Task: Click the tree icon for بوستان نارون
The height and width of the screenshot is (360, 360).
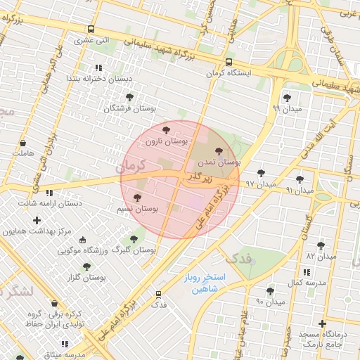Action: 166,130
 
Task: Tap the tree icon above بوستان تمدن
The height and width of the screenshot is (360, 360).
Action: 219,150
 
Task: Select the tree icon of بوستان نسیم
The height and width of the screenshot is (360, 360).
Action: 137,198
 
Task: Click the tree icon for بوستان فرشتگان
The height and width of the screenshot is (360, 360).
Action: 129,97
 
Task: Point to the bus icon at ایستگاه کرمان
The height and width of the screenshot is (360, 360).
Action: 229,61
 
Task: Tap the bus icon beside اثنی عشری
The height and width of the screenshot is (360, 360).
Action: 91,29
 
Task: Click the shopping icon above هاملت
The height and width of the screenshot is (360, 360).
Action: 23,141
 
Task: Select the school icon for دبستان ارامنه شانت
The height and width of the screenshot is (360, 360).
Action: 49,192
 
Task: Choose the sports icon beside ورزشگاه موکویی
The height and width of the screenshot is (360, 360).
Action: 83,240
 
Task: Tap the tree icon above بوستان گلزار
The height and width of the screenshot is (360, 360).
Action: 86,266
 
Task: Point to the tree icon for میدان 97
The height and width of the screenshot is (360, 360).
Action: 261,172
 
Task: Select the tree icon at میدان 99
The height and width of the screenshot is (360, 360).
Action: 286,98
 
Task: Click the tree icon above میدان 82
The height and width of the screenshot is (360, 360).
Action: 321,245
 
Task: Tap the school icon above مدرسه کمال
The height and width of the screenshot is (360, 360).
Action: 306,271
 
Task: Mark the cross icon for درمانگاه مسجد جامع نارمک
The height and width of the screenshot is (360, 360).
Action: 322,324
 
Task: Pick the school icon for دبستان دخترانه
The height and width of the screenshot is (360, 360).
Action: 98,67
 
